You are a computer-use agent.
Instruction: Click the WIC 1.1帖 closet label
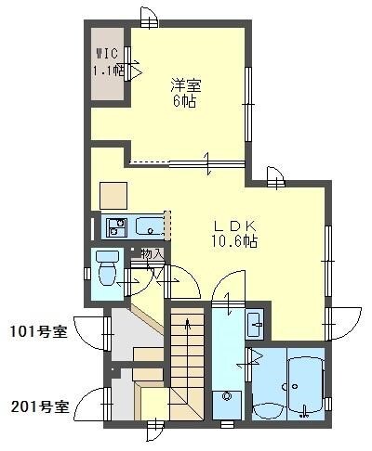[x=107, y=62]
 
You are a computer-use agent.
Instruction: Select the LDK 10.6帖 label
[x=235, y=233]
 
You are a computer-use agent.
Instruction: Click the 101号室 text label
[x=38, y=331]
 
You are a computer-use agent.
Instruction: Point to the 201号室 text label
[x=38, y=406]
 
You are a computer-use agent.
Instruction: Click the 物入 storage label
[x=153, y=253]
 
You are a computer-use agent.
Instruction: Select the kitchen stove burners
[x=117, y=225]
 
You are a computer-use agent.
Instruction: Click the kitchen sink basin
[x=149, y=225]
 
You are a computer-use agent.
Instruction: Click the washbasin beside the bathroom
[x=255, y=324]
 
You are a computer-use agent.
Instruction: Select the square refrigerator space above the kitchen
[x=114, y=194]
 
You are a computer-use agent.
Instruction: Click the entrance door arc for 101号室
[x=90, y=331]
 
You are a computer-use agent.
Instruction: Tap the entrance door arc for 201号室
[x=91, y=406]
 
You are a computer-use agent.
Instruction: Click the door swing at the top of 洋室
[x=148, y=17]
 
